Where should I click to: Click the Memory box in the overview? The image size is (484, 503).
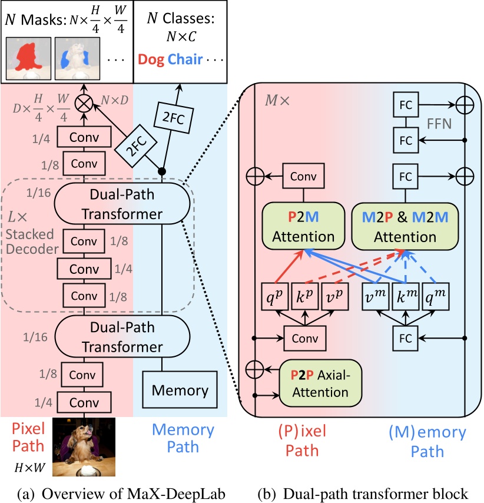pyautogui.click(x=180, y=390)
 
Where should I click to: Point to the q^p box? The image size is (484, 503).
pyautogui.click(x=273, y=299)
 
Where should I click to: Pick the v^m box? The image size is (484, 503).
pyautogui.click(x=372, y=299)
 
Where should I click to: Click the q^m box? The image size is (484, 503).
pyautogui.click(x=436, y=299)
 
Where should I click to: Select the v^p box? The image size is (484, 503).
pyautogui.click(x=335, y=299)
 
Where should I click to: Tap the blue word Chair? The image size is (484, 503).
pyautogui.click(x=185, y=59)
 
